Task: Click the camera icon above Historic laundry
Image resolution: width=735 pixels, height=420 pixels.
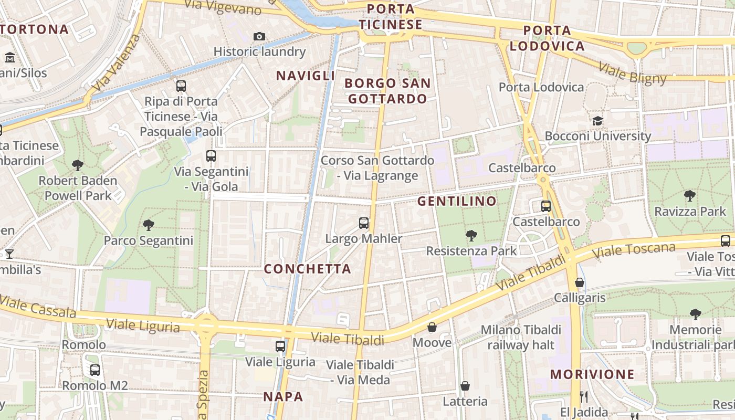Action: [259, 36]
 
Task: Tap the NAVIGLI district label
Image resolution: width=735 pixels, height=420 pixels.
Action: [306, 76]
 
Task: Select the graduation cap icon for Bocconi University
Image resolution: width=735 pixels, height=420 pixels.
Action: [597, 121]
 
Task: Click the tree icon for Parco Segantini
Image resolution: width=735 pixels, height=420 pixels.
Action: [149, 225]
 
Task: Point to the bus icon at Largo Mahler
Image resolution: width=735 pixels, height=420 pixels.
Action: [364, 223]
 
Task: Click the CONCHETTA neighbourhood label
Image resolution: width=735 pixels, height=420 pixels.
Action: [307, 269]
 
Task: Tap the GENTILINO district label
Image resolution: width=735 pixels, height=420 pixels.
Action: [457, 201]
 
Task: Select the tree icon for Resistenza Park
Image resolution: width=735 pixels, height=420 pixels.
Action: [471, 236]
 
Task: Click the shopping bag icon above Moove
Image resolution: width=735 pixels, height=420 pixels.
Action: [432, 328]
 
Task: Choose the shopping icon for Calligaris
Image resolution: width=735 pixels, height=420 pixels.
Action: [580, 283]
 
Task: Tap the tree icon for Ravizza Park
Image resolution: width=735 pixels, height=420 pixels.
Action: [690, 196]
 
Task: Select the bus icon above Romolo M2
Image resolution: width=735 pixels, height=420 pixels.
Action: [95, 370]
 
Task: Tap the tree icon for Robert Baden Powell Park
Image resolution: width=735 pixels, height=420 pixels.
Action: [78, 165]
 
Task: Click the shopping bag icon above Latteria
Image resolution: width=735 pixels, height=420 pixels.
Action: [465, 386]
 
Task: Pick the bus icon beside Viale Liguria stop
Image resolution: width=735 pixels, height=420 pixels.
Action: [280, 346]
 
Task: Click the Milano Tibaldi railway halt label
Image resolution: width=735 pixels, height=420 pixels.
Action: [521, 337]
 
